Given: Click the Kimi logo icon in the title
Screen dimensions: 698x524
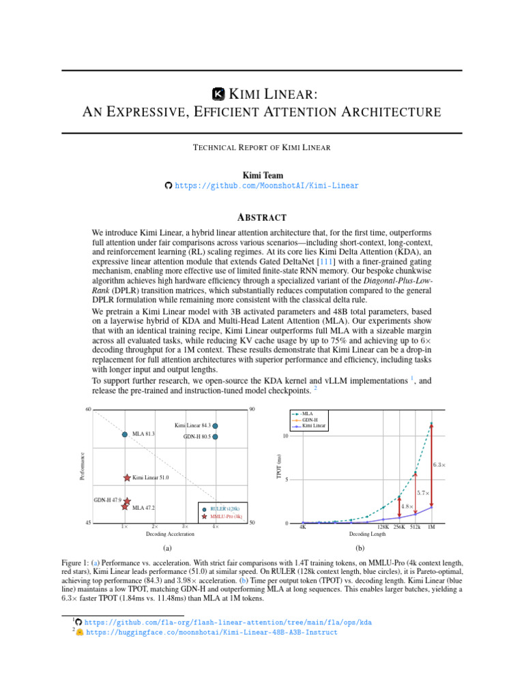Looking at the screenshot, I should click(219, 93).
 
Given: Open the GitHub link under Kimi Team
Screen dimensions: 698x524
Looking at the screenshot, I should click(266, 185).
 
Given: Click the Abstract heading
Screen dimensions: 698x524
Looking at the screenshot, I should click(261, 217).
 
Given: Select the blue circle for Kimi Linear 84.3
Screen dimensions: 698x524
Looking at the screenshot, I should click(216, 425).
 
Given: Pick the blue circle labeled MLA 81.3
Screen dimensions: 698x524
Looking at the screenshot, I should click(125, 434).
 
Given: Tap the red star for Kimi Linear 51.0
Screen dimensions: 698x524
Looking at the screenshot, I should click(127, 479).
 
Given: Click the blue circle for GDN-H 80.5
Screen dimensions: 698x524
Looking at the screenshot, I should click(216, 436).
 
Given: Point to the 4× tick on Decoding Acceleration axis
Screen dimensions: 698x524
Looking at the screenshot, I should click(215, 527).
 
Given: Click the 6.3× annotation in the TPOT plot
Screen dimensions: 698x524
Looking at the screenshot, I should click(439, 466).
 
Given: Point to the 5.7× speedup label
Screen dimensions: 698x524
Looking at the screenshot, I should click(422, 492).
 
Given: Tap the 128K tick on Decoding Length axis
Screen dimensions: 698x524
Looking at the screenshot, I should click(383, 527).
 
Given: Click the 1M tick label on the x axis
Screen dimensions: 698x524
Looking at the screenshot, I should click(431, 527).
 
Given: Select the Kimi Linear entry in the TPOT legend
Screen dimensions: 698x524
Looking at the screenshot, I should click(313, 425).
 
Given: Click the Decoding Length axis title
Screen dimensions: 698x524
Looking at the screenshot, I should click(367, 534).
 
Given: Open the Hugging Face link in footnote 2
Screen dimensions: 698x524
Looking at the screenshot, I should click(212, 632).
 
